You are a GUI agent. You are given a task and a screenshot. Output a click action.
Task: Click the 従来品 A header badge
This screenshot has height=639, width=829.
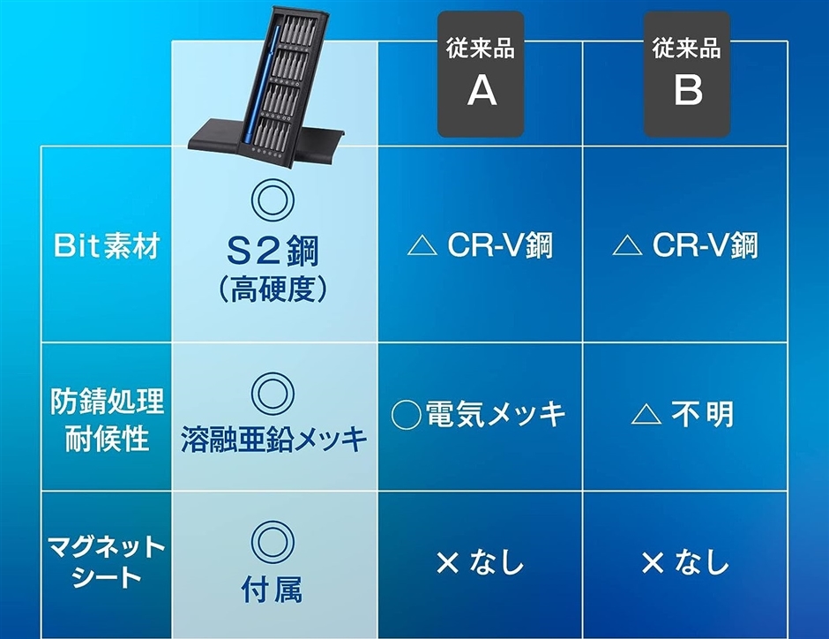[x=481, y=74]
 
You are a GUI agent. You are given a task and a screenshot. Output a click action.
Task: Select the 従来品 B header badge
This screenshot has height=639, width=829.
[x=687, y=74]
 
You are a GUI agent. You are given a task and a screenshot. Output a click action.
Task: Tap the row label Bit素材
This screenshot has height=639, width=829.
[x=106, y=246]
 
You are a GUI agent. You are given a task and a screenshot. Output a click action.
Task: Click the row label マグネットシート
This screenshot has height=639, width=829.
[x=106, y=561]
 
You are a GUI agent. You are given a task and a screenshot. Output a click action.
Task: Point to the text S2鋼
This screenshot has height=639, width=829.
[x=273, y=252]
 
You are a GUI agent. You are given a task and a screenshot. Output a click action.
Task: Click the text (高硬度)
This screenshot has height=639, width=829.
[x=273, y=289]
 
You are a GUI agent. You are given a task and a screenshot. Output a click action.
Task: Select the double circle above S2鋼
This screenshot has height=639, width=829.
[x=273, y=200]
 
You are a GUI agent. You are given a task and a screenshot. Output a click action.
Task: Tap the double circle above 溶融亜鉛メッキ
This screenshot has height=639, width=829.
[x=273, y=395]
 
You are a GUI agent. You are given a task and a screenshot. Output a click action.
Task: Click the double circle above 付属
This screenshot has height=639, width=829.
[x=273, y=542]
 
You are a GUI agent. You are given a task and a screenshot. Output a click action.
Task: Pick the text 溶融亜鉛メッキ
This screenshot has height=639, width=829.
[x=273, y=439]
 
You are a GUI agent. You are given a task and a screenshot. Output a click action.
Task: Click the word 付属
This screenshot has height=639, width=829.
[x=272, y=589]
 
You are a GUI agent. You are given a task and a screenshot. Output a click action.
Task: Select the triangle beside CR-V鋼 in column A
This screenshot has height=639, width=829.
[x=422, y=246]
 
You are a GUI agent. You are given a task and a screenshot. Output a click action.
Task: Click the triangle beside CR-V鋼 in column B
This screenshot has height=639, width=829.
[x=627, y=246]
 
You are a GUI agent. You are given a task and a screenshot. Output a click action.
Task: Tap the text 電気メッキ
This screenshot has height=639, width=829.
[x=496, y=414]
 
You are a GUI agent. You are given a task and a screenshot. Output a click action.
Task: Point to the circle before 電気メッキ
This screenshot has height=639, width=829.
[x=406, y=415]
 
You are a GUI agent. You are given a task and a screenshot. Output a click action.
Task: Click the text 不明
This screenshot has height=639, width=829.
[x=703, y=414]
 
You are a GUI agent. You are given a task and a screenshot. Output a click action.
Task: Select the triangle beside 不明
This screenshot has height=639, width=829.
[x=646, y=414]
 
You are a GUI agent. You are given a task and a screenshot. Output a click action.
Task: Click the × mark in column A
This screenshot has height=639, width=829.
[x=448, y=562]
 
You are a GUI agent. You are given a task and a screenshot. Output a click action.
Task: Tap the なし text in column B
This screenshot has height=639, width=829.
[x=702, y=561]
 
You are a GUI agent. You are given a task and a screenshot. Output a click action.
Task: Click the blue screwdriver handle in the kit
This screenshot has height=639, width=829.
[x=261, y=85]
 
